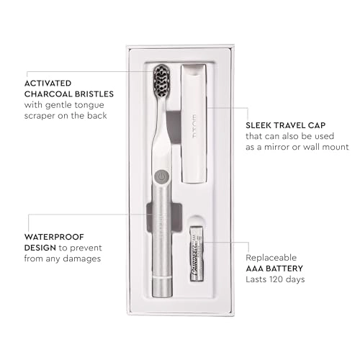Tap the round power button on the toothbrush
tap(162, 175)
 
